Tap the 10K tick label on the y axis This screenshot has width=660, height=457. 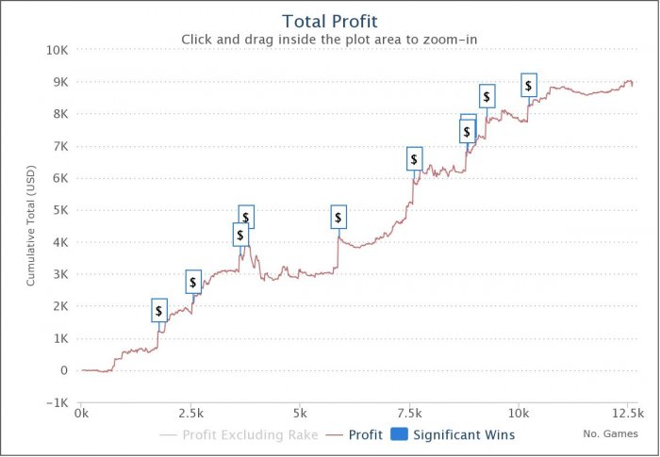(57, 50)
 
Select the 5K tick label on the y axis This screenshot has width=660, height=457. (60, 210)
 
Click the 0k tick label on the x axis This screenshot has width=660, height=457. (82, 413)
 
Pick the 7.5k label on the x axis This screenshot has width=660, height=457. (410, 413)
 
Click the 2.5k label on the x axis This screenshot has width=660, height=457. (190, 413)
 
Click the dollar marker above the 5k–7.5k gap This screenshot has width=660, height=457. (338, 218)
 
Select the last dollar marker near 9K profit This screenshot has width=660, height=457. (528, 85)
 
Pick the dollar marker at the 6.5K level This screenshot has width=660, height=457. (414, 158)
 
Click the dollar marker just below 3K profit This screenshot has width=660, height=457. (193, 281)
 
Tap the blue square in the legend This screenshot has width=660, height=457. (398, 435)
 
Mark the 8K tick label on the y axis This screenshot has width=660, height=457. (60, 114)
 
